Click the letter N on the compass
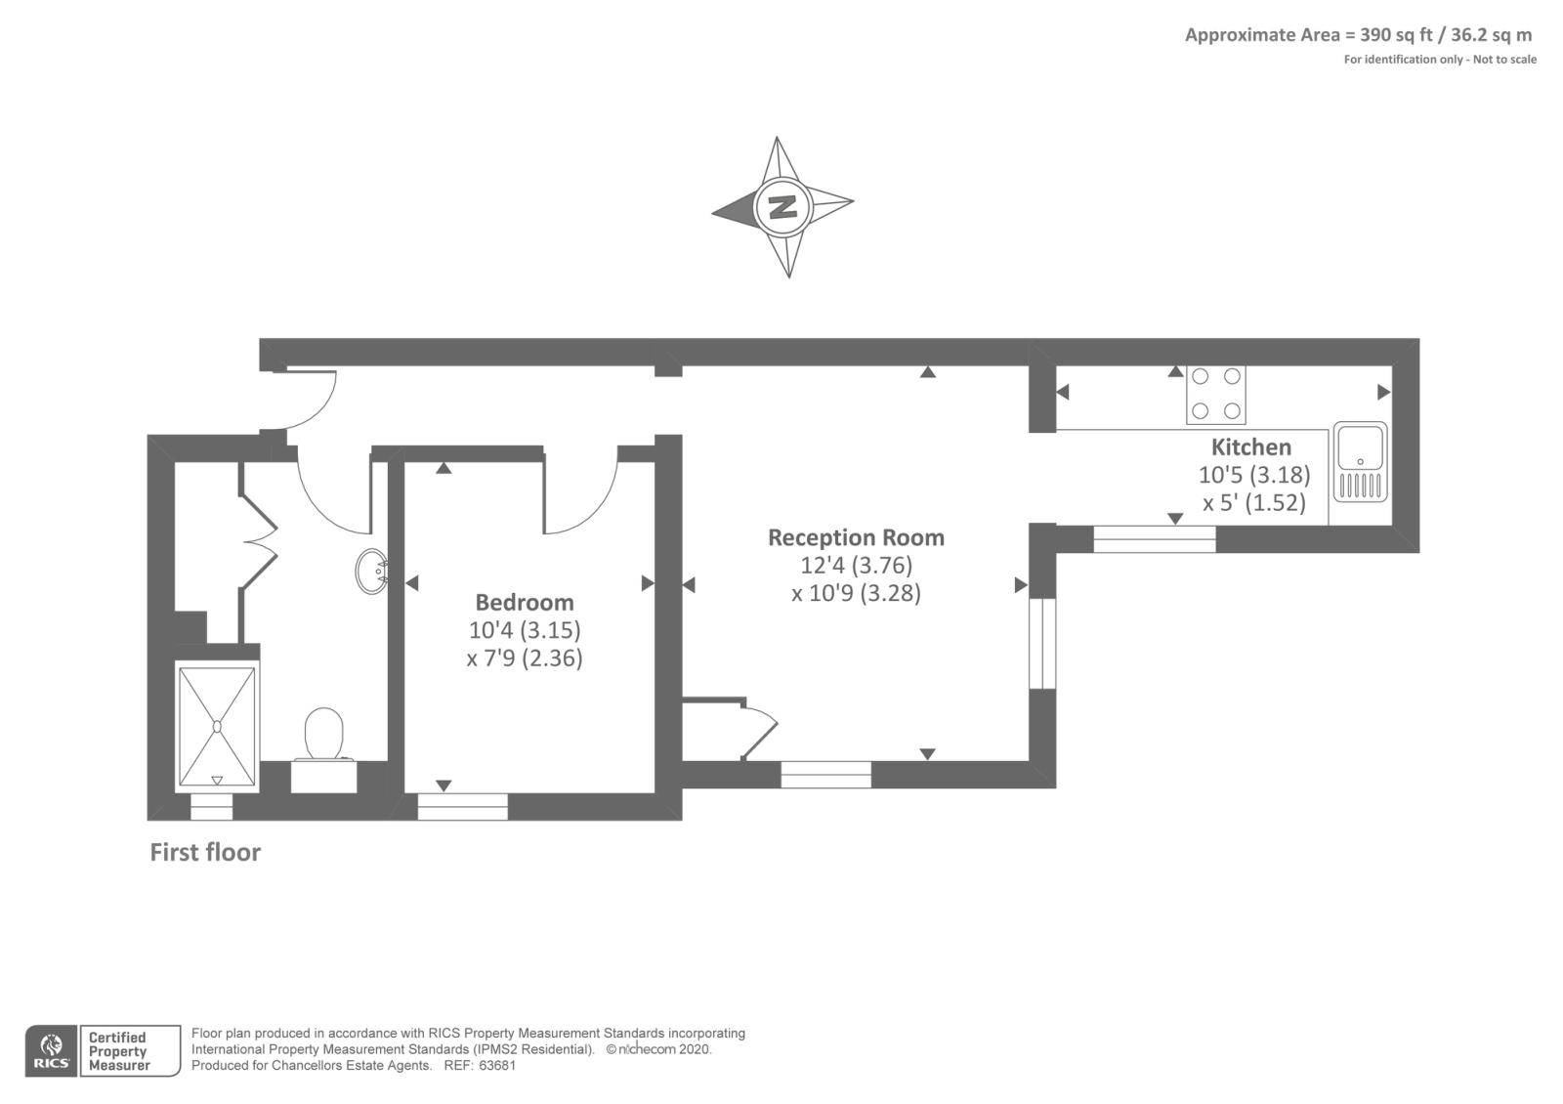pyautogui.click(x=782, y=206)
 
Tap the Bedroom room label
pyautogui.click(x=525, y=602)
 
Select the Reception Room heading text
pyautogui.click(x=856, y=537)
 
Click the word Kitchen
pyautogui.click(x=1251, y=446)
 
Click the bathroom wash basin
pyautogui.click(x=372, y=572)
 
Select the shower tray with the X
pyautogui.click(x=217, y=727)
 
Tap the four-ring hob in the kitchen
pyautogui.click(x=1216, y=395)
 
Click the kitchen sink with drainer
pyautogui.click(x=1360, y=462)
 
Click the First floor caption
pyautogui.click(x=205, y=852)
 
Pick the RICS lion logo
pyautogui.click(x=51, y=1051)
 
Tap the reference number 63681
pyautogui.click(x=497, y=1066)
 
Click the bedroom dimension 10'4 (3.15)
pyautogui.click(x=525, y=630)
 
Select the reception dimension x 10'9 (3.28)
pyautogui.click(x=856, y=593)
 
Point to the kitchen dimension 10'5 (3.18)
pyautogui.click(x=1254, y=475)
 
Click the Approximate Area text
pyautogui.click(x=1359, y=35)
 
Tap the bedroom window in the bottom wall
pyautogui.click(x=463, y=806)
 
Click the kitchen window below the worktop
pyautogui.click(x=1154, y=538)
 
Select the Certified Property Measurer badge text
pyautogui.click(x=118, y=1051)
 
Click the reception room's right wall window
pyautogui.click(x=1042, y=644)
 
